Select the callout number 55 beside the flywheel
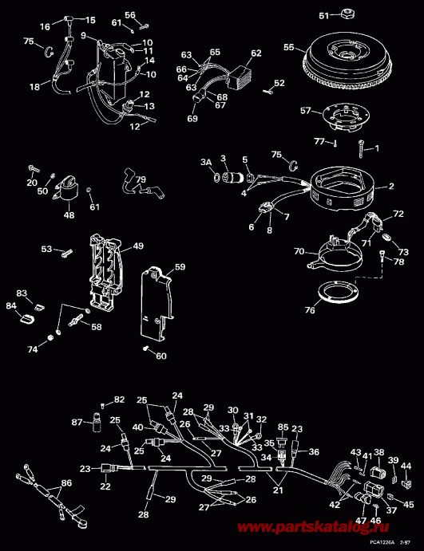pos(288,48)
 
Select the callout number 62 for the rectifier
pos(256,53)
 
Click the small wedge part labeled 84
pos(24,320)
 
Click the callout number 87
pos(77,421)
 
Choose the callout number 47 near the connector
pos(361,521)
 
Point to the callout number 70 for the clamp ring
pos(299,251)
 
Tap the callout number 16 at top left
pos(45,26)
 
